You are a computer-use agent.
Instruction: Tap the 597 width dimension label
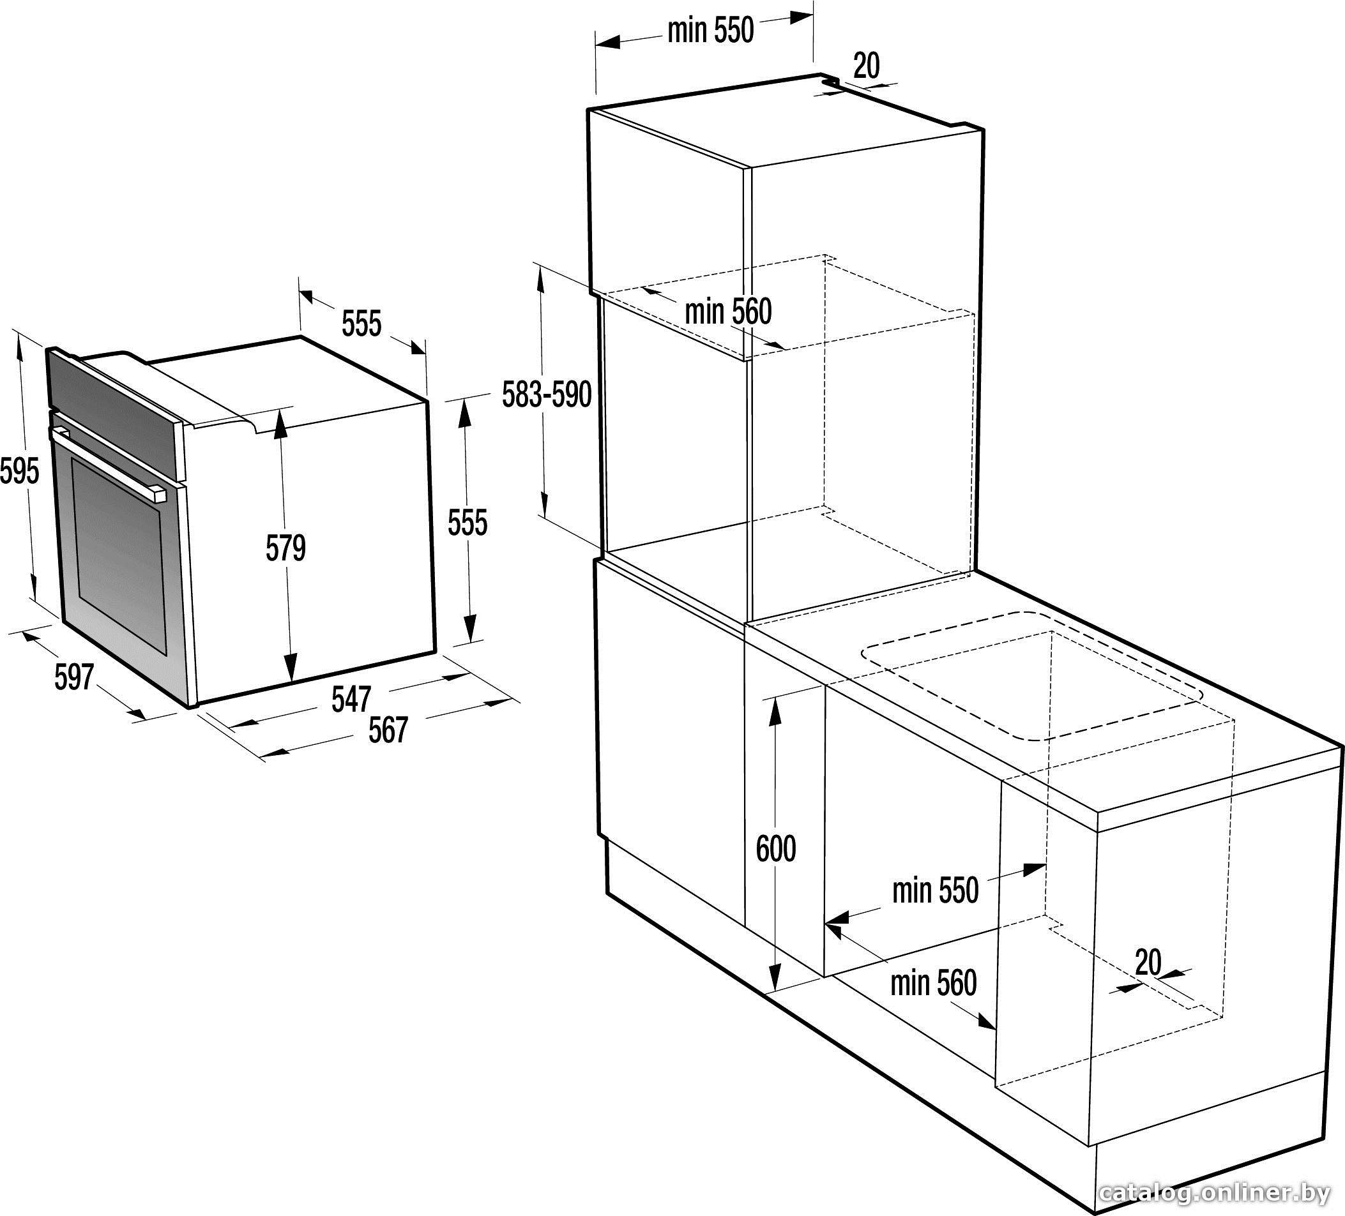click(x=73, y=678)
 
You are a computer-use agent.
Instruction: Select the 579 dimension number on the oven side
click(x=285, y=548)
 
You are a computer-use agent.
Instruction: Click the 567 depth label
click(x=388, y=730)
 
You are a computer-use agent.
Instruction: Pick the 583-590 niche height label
click(x=547, y=394)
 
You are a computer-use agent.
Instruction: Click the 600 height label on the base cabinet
click(x=776, y=849)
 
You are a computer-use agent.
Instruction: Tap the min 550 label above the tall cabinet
click(x=711, y=31)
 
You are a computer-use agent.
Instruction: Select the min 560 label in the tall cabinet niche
click(x=729, y=312)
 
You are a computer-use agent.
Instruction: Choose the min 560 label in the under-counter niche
click(x=933, y=982)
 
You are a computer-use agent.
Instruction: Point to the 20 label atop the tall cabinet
click(x=867, y=65)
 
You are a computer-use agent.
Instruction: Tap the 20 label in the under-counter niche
click(x=1148, y=962)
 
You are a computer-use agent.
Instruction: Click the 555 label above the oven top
click(x=361, y=324)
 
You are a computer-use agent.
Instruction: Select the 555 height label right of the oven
click(x=467, y=522)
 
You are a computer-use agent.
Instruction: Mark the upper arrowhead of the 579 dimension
click(x=281, y=422)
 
